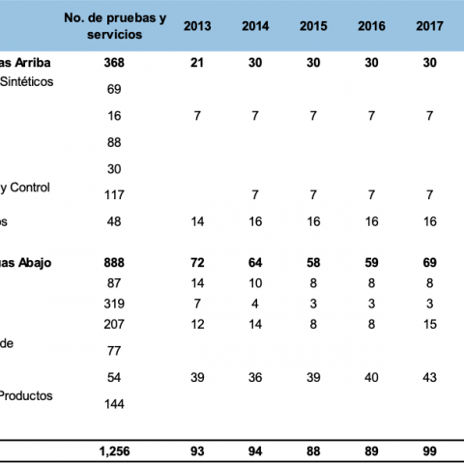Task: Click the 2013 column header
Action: coord(197,26)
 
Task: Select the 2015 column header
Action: coord(313,26)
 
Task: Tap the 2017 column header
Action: coord(429,26)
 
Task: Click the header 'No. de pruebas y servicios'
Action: coord(115,26)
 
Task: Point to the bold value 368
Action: coord(114,63)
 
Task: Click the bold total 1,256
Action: coord(114,451)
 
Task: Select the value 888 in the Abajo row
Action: coord(114,263)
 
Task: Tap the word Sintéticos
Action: coord(27,82)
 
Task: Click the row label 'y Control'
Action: coord(25,188)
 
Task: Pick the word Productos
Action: coord(26,395)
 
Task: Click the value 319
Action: coord(114,304)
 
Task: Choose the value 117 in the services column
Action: coord(114,195)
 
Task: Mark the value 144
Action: coord(114,404)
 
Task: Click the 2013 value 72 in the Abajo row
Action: coord(197,263)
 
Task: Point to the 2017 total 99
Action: coord(429,451)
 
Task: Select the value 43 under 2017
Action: coord(429,377)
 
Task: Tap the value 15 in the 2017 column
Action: coord(430,324)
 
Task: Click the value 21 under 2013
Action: coord(197,63)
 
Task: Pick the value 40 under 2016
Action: coord(371,377)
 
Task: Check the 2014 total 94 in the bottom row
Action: coord(255,451)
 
